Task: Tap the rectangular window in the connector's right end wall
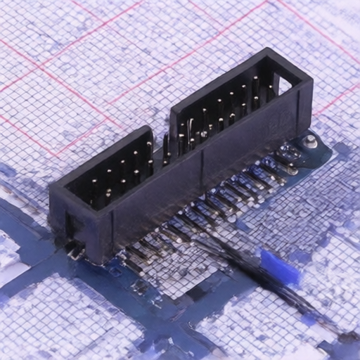tap(285, 86)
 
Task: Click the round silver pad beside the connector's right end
tap(309, 142)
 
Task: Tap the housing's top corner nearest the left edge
tap(50, 184)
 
